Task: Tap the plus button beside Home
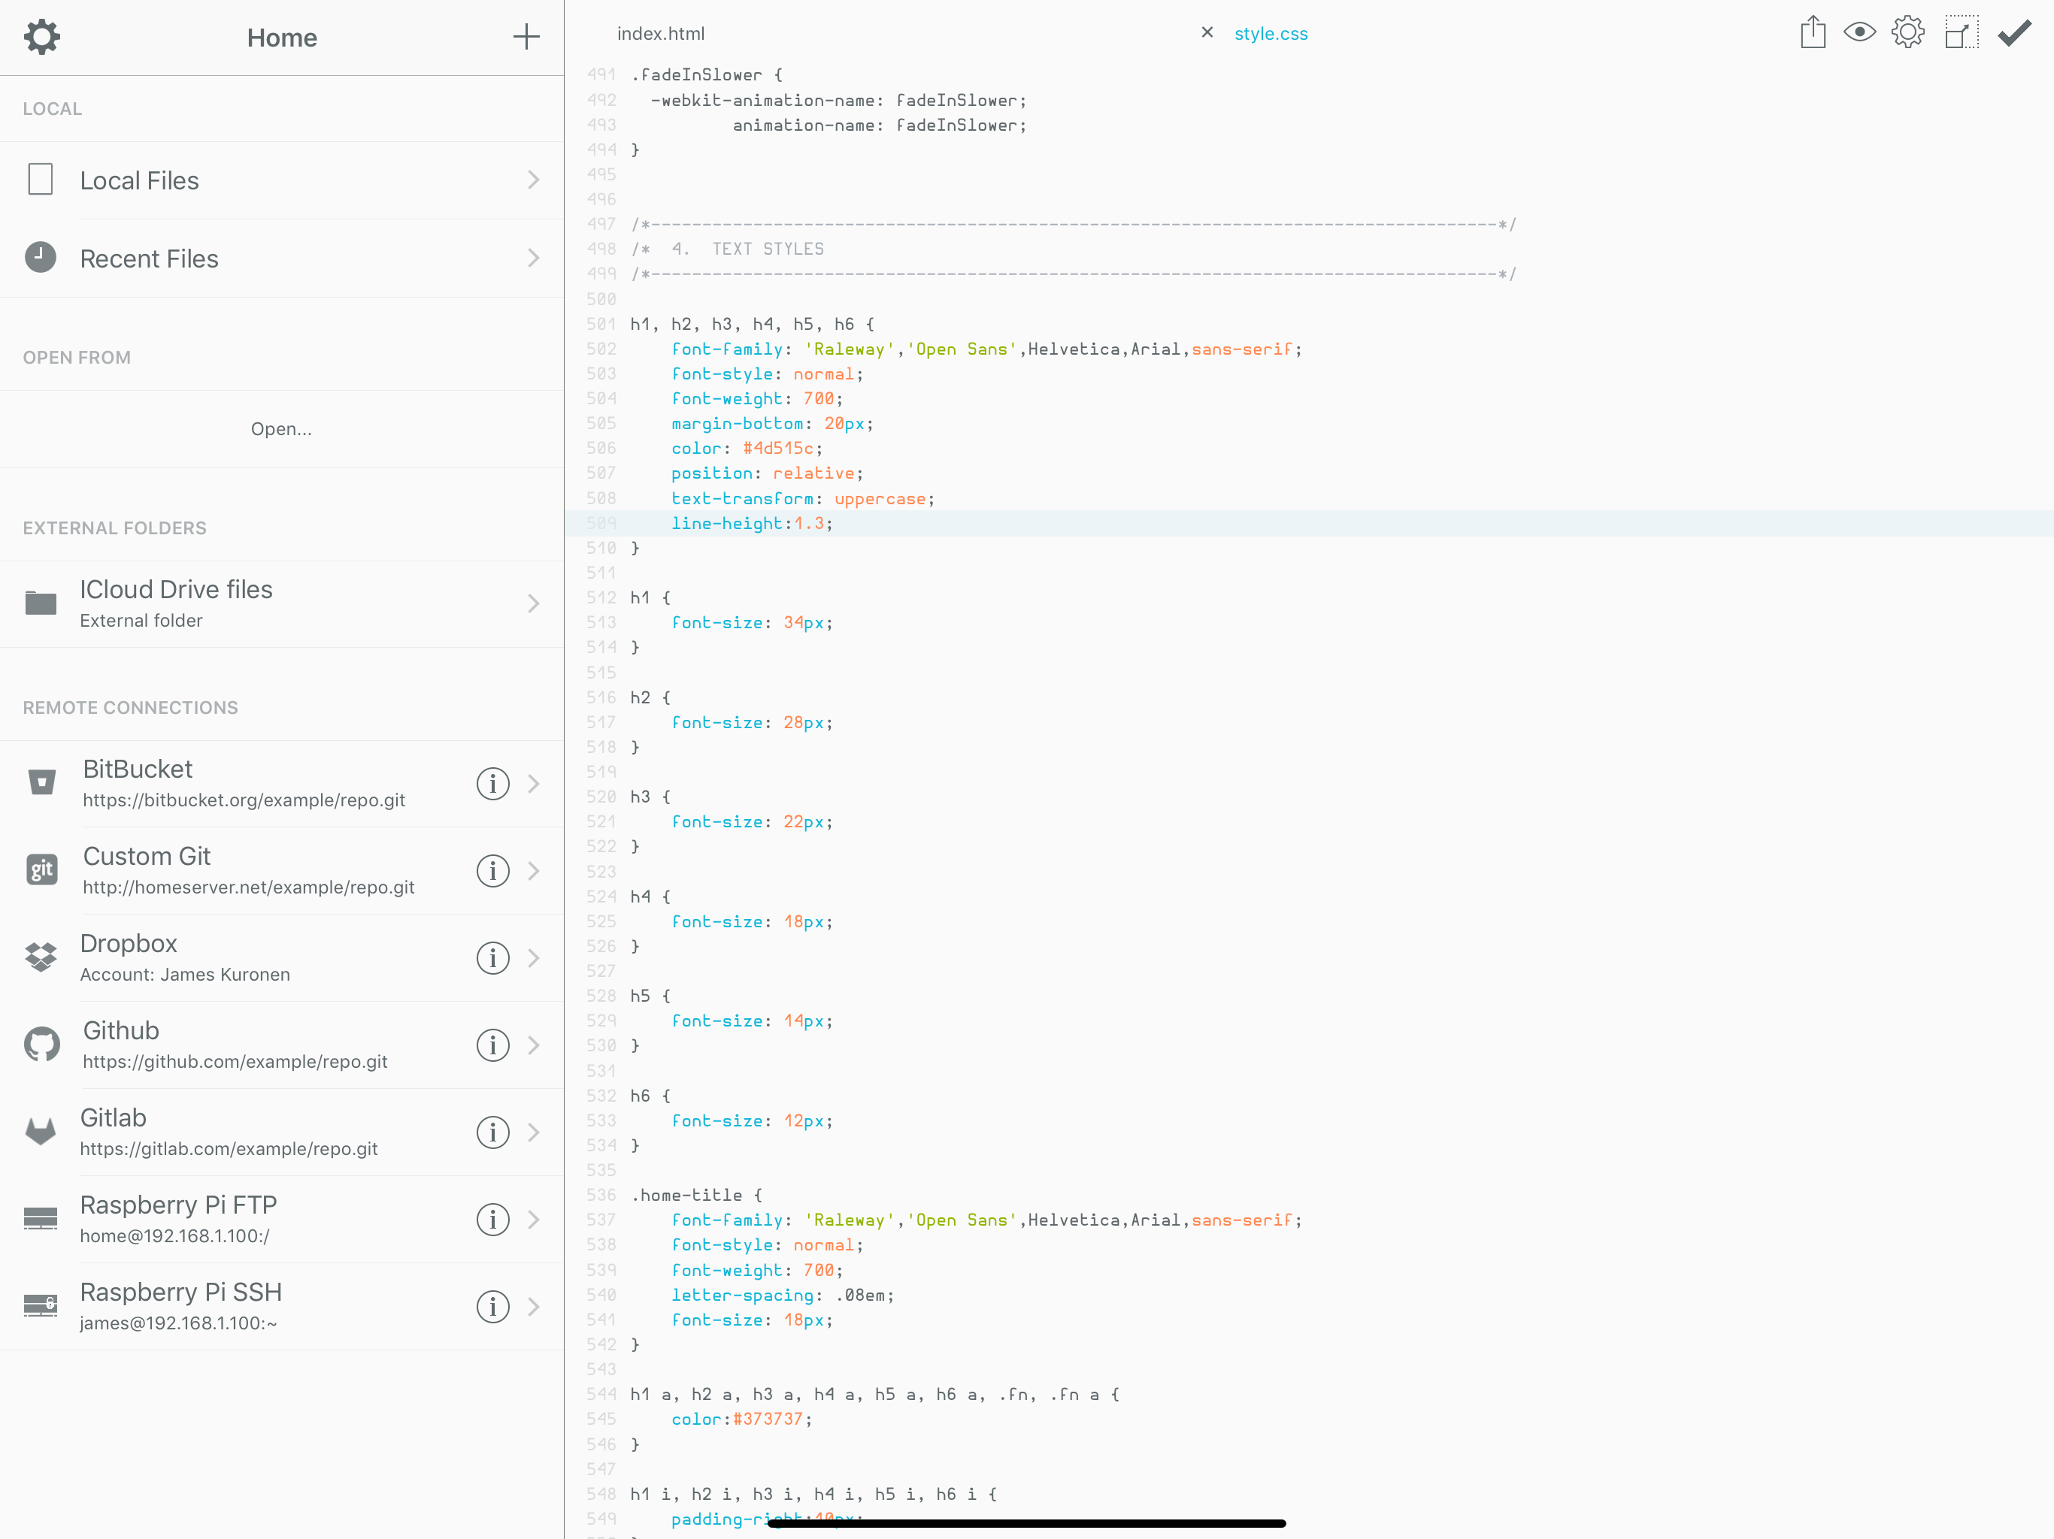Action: tap(526, 37)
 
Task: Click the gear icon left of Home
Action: tap(42, 37)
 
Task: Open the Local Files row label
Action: tap(139, 180)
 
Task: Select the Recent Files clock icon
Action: tap(41, 257)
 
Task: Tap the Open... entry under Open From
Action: tap(281, 429)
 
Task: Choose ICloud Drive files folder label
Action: tap(177, 589)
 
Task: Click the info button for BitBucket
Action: tap(492, 784)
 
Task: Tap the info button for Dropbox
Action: tap(492, 958)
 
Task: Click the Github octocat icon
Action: tap(42, 1045)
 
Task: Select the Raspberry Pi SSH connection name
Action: tap(181, 1292)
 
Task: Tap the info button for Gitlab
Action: tap(492, 1132)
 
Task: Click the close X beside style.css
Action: tap(1207, 32)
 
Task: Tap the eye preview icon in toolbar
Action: tap(1860, 32)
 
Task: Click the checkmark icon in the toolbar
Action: tap(2014, 33)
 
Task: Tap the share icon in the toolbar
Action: tap(1813, 32)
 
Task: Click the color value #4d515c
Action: tap(778, 449)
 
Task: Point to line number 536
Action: tap(601, 1195)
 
